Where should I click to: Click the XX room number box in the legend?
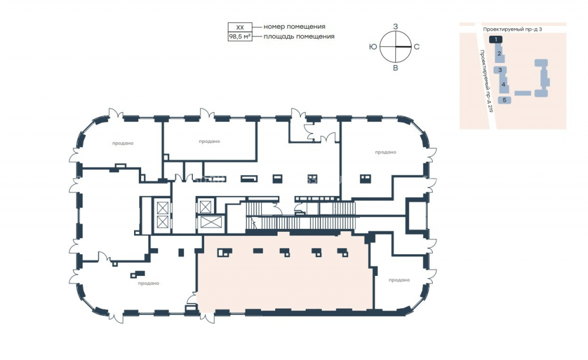(x=240, y=28)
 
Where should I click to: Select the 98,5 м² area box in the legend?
(x=240, y=36)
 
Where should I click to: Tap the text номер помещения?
(x=295, y=26)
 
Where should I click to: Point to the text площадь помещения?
(x=299, y=36)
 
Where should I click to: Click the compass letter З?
(x=395, y=26)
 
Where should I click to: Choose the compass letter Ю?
(x=373, y=47)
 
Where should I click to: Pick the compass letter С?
(x=417, y=47)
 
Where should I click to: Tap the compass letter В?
(x=395, y=68)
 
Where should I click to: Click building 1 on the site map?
(x=496, y=39)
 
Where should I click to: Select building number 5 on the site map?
(x=505, y=100)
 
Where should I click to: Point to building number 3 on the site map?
(x=500, y=70)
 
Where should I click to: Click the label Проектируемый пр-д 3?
(x=512, y=29)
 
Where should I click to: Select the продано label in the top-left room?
(x=123, y=144)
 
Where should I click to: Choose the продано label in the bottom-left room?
(x=149, y=284)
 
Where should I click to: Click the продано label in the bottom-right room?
(x=399, y=280)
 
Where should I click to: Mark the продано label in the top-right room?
(x=386, y=152)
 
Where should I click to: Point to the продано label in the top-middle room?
(x=209, y=141)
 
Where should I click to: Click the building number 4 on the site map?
(x=503, y=84)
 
